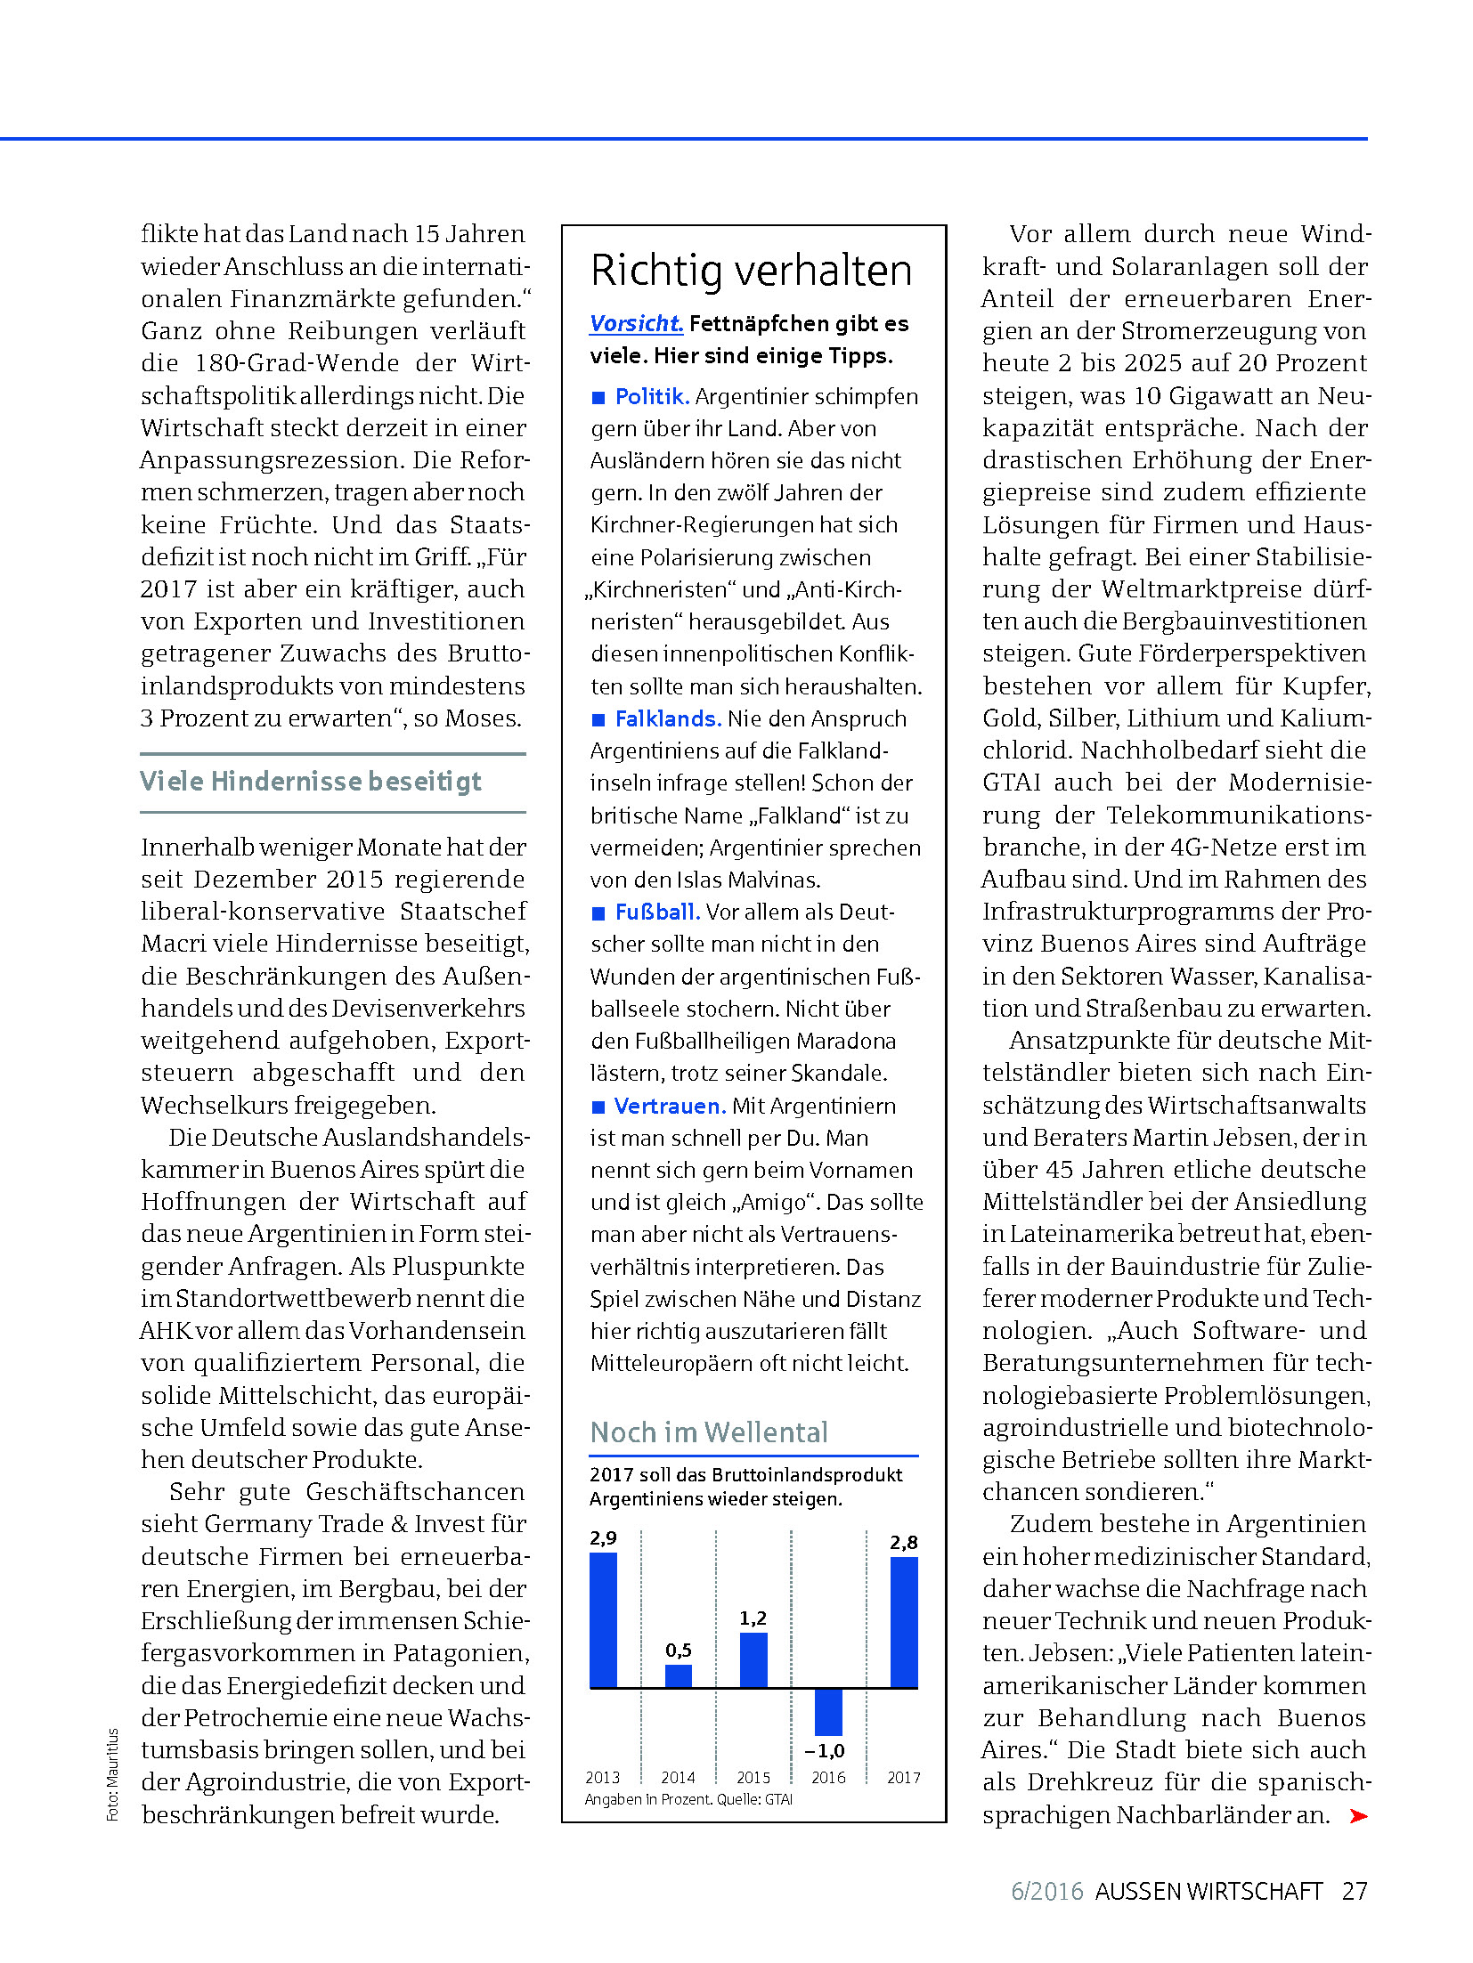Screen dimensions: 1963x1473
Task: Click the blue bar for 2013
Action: [603, 1619]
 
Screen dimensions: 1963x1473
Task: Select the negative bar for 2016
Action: [828, 1711]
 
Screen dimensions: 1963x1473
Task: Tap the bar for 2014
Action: [678, 1675]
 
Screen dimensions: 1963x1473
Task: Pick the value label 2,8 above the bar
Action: [904, 1542]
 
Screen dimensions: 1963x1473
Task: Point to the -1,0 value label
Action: [825, 1750]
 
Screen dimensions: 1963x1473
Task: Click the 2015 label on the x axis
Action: [753, 1777]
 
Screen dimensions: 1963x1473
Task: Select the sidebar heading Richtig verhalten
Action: [752, 270]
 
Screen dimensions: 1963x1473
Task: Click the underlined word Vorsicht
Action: [636, 323]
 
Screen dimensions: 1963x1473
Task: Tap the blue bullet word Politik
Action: [652, 396]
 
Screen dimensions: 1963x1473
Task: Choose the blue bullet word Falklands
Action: [668, 718]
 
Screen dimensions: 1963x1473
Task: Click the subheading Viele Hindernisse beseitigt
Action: [311, 781]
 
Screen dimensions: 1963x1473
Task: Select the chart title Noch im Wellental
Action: [709, 1432]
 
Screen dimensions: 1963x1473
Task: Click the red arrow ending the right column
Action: [1358, 1815]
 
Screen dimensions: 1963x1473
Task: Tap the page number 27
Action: [1355, 1890]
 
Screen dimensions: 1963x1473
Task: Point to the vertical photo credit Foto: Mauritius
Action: [113, 1774]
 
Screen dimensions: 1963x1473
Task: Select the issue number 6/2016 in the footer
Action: [1046, 1890]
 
